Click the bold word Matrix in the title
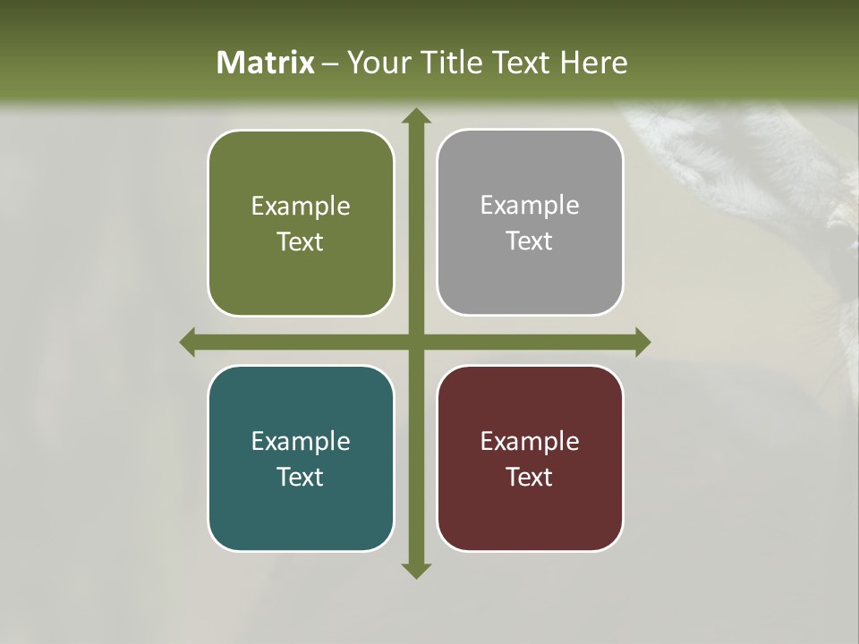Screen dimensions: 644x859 pos(266,63)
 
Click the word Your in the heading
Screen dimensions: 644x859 pos(380,63)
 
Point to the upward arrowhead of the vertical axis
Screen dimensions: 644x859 pos(415,115)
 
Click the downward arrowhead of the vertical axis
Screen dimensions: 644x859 pos(415,570)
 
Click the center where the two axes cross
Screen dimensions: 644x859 pos(415,342)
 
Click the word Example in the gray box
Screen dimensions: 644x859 pos(530,206)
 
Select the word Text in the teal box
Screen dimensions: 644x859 pos(300,477)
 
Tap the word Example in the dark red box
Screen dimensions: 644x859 pos(530,441)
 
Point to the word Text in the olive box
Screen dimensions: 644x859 pos(300,241)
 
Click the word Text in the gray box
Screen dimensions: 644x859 pos(529,241)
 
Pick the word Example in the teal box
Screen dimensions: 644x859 pos(301,441)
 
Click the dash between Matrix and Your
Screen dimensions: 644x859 pos(330,64)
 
